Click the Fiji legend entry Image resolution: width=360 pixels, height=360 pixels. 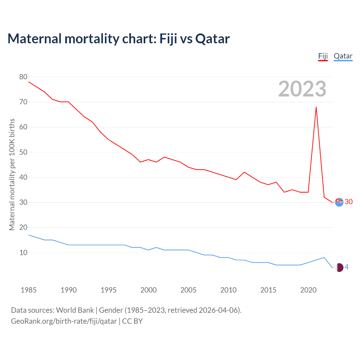pos(323,56)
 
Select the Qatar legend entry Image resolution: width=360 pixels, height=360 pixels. pos(343,56)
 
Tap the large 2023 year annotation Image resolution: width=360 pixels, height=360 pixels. pos(302,89)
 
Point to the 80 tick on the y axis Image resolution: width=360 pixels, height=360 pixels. pos(23,77)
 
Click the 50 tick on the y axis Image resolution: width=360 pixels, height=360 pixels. pos(23,152)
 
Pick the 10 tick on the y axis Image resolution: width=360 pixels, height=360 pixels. pos(23,253)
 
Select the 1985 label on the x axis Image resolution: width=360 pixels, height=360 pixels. pos(29,290)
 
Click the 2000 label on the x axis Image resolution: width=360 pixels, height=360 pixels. pos(148,290)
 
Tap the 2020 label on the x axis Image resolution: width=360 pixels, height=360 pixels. pos(308,290)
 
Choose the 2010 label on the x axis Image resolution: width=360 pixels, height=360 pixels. pos(228,290)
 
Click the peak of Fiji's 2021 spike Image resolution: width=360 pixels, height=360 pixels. pos(316,107)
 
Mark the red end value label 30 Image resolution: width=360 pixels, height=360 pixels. pos(349,202)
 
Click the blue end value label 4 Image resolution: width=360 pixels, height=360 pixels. pos(346,267)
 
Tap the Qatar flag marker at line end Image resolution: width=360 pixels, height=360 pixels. pos(339,267)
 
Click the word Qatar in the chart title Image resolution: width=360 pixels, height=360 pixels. pos(212,39)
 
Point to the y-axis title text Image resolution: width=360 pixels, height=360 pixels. pos(12,174)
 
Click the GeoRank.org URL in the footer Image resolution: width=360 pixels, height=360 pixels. pos(64,321)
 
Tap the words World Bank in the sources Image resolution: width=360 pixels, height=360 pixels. pos(75,310)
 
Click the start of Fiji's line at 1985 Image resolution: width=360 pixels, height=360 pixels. pos(29,82)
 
